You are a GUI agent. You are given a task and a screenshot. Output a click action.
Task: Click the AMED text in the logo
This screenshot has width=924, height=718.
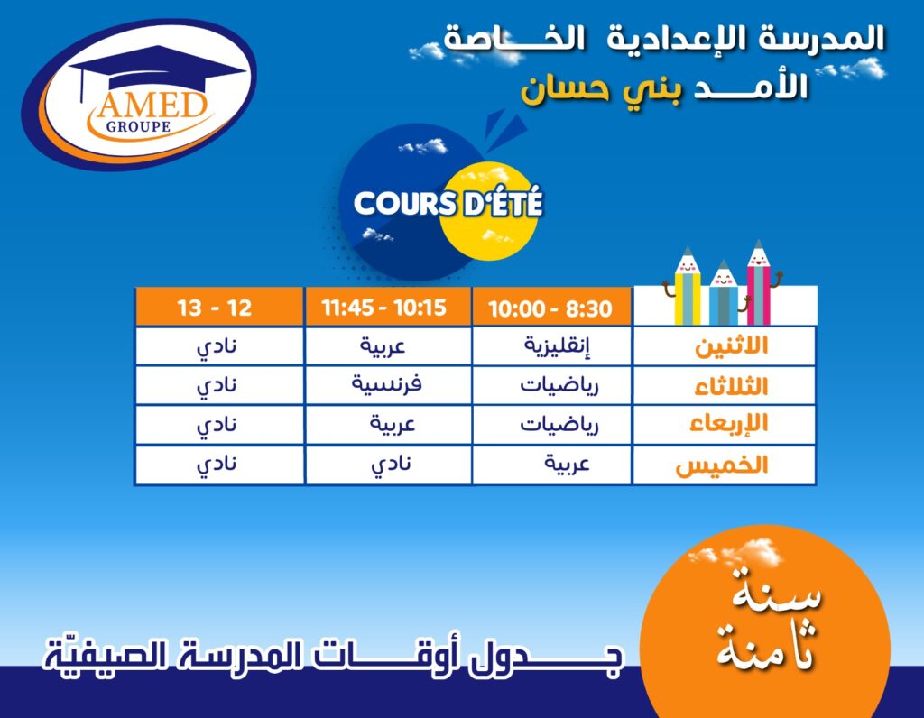click(x=152, y=106)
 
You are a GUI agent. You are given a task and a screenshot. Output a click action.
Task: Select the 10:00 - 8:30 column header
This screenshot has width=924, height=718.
click(x=550, y=308)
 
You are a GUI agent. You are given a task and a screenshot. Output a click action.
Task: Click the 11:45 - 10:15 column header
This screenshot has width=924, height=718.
click(x=383, y=308)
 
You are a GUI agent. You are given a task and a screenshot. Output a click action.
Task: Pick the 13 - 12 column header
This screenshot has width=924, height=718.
click(x=215, y=308)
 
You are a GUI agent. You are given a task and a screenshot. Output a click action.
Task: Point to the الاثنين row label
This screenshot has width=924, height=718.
click(x=731, y=346)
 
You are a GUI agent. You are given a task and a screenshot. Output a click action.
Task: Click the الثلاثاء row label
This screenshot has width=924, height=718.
click(x=731, y=386)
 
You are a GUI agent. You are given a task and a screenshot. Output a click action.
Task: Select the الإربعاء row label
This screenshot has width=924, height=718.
click(x=729, y=424)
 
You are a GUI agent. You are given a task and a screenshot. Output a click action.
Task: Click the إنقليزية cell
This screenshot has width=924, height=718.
click(x=557, y=345)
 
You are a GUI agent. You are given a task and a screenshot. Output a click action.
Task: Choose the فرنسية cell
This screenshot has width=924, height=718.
click(x=386, y=384)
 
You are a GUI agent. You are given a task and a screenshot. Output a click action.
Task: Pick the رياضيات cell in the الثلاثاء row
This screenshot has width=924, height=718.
click(x=559, y=386)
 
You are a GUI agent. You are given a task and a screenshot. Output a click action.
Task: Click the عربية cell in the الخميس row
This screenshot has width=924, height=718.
click(x=567, y=465)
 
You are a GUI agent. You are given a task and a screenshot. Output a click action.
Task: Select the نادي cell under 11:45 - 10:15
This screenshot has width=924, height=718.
click(x=391, y=465)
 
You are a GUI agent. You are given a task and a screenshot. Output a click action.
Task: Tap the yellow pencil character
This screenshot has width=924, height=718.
click(x=687, y=287)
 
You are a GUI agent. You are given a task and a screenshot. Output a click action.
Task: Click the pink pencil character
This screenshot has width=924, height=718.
click(x=759, y=282)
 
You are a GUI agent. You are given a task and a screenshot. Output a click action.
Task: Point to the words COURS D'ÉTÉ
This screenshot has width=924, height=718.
click(x=448, y=203)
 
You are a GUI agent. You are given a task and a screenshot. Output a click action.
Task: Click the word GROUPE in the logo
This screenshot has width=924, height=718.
click(x=138, y=126)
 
